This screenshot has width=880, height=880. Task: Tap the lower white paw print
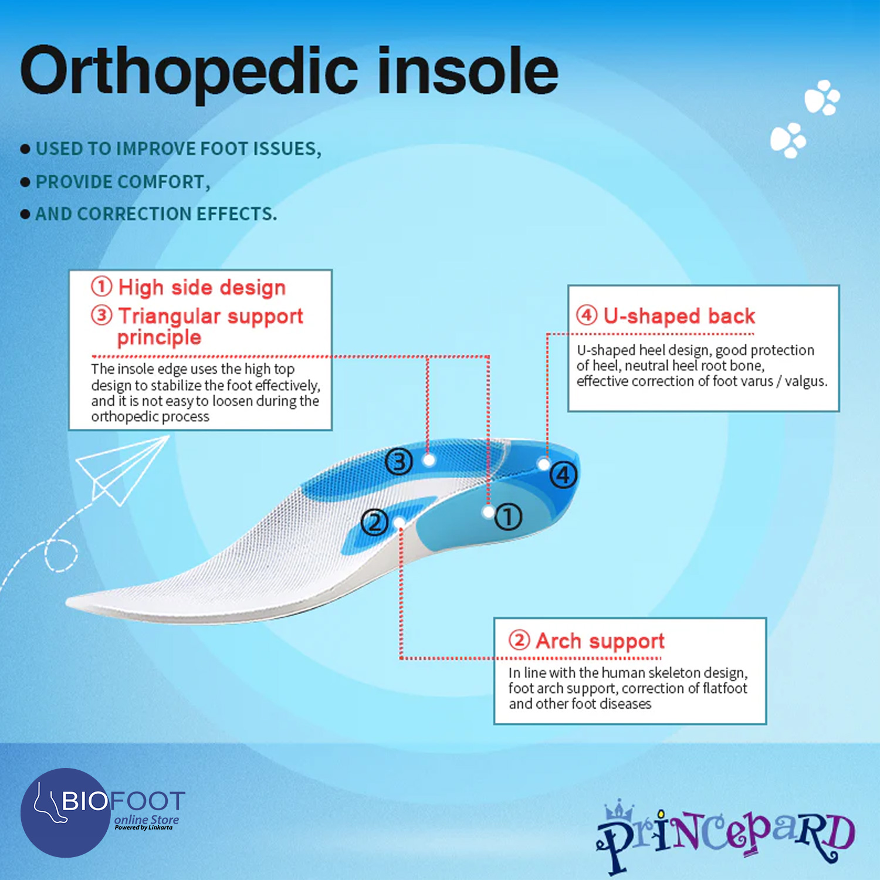(x=788, y=140)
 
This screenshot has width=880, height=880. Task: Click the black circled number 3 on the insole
(x=399, y=462)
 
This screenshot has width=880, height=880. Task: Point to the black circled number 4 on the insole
(x=563, y=475)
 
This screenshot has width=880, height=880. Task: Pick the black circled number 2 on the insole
(x=374, y=522)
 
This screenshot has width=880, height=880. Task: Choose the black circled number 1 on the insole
(x=508, y=517)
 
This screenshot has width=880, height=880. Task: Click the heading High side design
(x=202, y=287)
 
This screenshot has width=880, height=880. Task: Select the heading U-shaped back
(x=679, y=316)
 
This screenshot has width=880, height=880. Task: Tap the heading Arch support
(x=600, y=641)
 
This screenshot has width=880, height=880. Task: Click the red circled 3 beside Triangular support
(x=101, y=315)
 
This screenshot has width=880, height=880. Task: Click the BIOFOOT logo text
(x=124, y=801)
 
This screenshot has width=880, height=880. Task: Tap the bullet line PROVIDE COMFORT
(x=123, y=182)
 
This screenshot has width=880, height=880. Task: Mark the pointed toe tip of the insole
(x=67, y=602)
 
